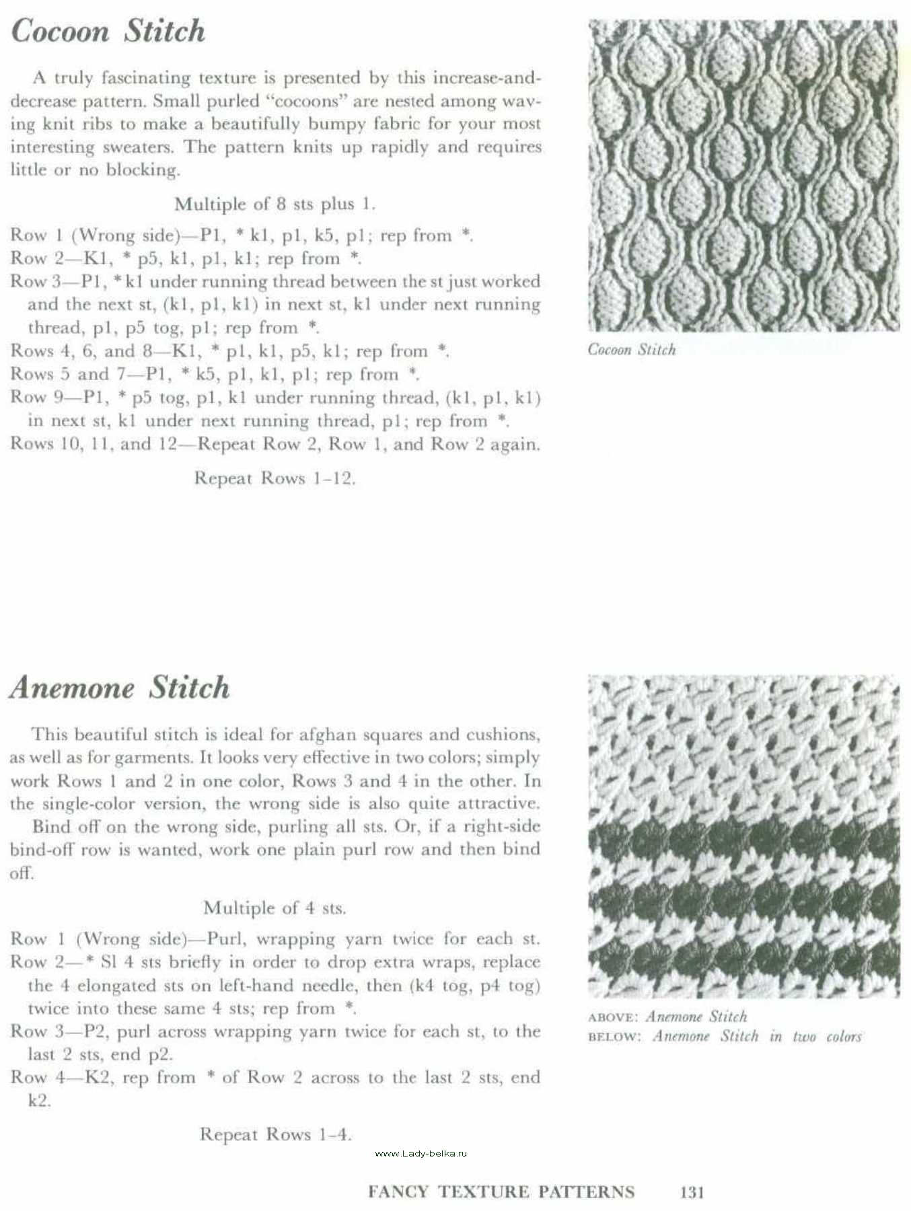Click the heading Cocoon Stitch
tap(108, 32)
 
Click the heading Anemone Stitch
tap(120, 688)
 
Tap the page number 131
tap(692, 1192)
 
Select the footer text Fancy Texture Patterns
tap(501, 1192)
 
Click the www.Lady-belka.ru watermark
tap(421, 1153)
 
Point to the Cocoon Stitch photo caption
tap(631, 349)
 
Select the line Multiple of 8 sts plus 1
tap(275, 204)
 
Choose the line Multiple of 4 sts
tap(275, 908)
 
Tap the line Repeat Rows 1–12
tap(275, 478)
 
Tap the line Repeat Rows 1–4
tap(276, 1134)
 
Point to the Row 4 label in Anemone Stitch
tap(36, 1077)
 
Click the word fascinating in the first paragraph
tap(146, 78)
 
